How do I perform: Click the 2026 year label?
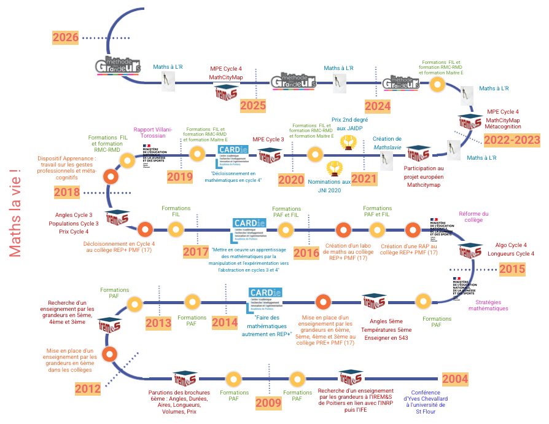pyautogui.click(x=65, y=37)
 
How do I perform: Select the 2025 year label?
pyautogui.click(x=253, y=105)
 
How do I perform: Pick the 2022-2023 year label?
pyautogui.click(x=512, y=139)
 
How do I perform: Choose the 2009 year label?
pyautogui.click(x=268, y=403)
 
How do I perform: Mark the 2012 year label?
pyautogui.click(x=88, y=388)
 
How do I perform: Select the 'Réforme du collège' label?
pyautogui.click(x=473, y=216)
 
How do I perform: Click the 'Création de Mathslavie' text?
pyautogui.click(x=387, y=143)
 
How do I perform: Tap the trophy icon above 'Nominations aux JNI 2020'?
pyautogui.click(x=334, y=167)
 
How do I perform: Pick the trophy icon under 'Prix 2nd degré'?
pyautogui.click(x=349, y=143)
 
